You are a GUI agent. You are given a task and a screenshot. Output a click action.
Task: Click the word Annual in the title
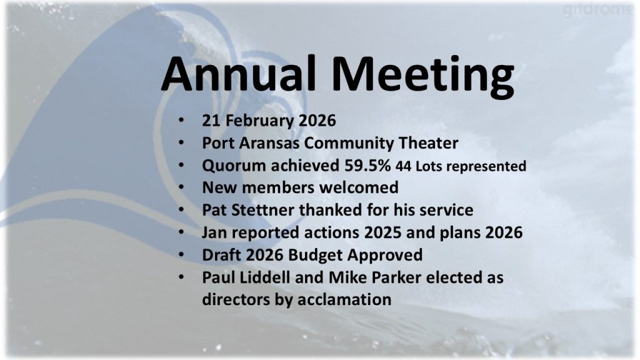pos(239,74)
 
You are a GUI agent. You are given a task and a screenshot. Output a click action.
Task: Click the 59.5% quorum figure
pos(367,165)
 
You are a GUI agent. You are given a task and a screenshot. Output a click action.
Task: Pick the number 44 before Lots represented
pos(403,166)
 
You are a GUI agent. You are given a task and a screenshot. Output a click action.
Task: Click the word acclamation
pos(344,299)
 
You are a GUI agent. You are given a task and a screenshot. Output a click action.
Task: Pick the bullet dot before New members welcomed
pos(181,187)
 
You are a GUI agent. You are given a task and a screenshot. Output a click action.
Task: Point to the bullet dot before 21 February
pos(181,120)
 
